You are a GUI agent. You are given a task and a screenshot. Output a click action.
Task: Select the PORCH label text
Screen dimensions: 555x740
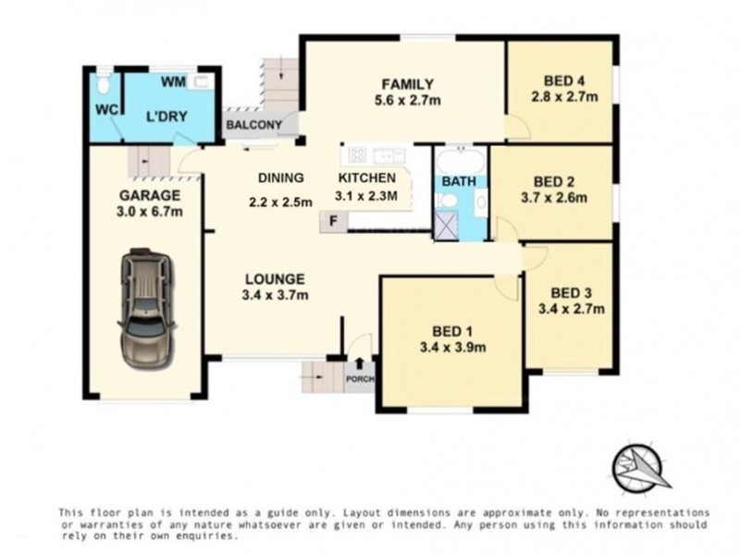358,378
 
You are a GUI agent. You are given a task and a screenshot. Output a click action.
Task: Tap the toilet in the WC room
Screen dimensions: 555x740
104,85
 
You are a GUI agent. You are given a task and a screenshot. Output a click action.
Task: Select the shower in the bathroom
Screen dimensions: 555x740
448,225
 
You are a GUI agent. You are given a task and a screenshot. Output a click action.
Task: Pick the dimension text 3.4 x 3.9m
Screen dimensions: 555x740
453,348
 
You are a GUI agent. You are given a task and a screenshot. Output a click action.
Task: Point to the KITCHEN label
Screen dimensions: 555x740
367,178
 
